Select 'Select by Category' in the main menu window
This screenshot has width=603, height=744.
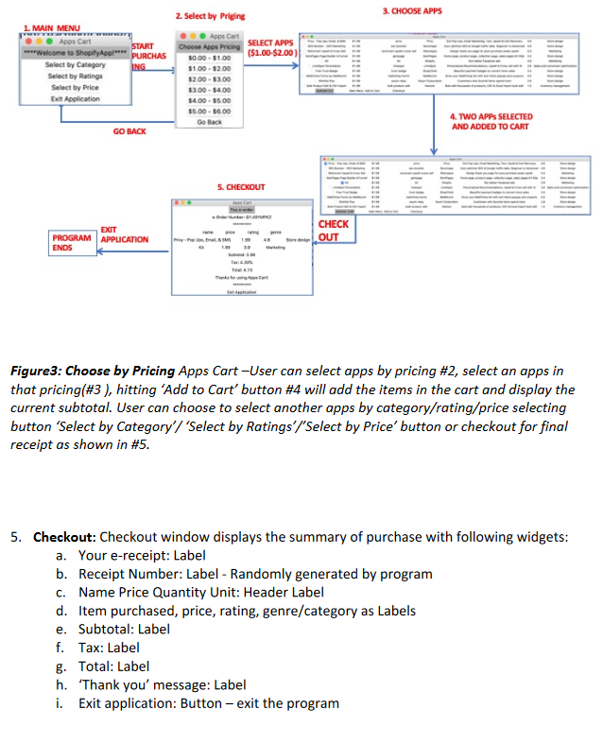tap(76, 64)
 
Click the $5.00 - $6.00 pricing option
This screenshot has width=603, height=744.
tap(209, 111)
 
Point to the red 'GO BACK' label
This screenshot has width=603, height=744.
tap(129, 131)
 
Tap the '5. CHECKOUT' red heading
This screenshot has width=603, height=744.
tap(240, 187)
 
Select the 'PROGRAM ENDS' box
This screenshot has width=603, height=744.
tap(72, 242)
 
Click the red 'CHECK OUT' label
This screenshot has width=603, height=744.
tap(333, 231)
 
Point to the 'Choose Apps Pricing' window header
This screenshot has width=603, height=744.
tap(209, 46)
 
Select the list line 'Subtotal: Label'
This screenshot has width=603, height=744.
tap(124, 628)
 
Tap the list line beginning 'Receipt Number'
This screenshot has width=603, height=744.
tap(255, 573)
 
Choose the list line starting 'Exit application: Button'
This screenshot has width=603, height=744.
tap(208, 702)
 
